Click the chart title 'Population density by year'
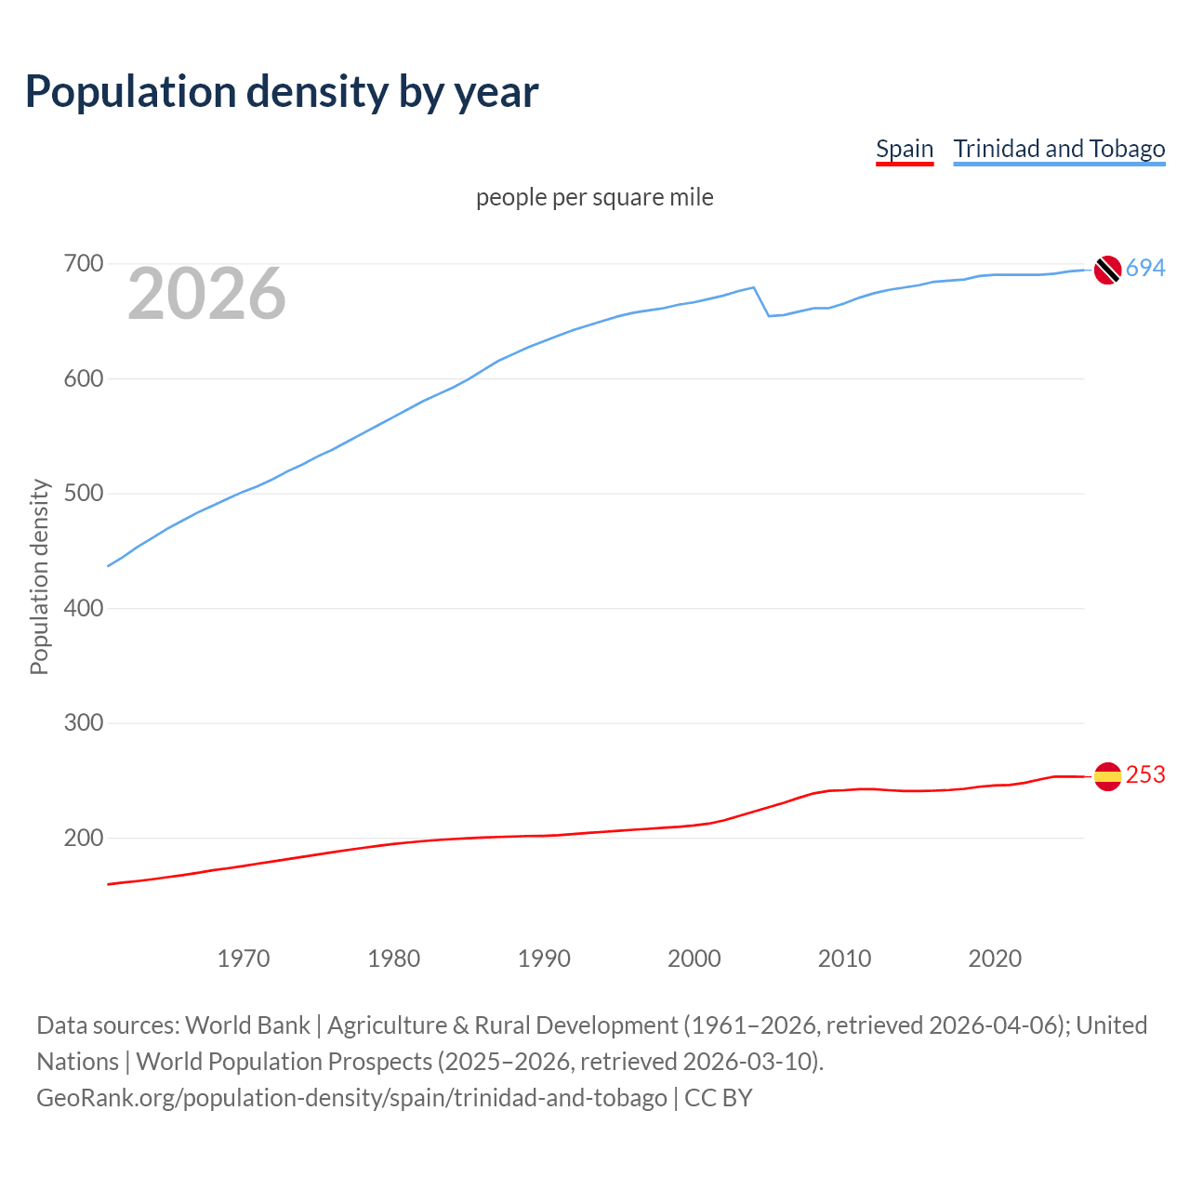point(282,91)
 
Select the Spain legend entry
point(904,149)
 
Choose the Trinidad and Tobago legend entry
point(1059,149)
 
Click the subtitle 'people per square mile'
point(595,197)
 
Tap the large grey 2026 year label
point(206,294)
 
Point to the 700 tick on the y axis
point(83,264)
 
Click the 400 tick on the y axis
point(83,608)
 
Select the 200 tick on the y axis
point(83,838)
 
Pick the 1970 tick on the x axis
point(244,958)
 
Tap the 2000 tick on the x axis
point(694,958)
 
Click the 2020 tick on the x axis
point(995,958)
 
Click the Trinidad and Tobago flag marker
point(1107,270)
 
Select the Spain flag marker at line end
point(1107,776)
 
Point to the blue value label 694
point(1145,269)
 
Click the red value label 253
point(1145,775)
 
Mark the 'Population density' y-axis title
point(39,576)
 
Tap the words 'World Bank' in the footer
point(247,1025)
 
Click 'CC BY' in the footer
point(719,1098)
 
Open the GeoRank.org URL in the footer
point(351,1098)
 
